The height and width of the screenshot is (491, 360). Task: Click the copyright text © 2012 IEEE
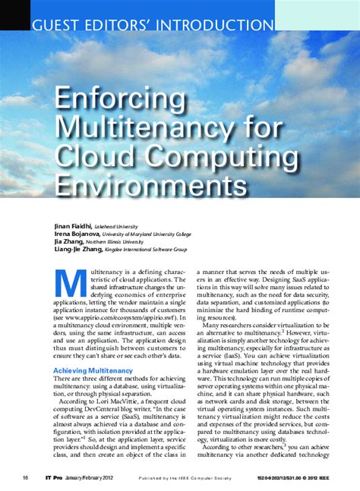[x=316, y=478]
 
